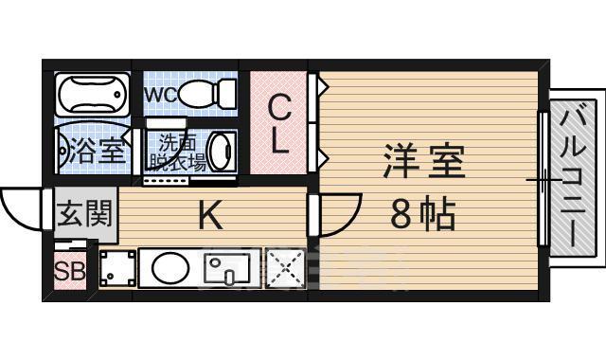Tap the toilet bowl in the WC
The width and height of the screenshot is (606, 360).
[203, 94]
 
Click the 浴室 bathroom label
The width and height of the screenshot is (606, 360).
[92, 151]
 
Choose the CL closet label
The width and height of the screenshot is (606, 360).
[279, 123]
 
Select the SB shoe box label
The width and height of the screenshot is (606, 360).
[68, 272]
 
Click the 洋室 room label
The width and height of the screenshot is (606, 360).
[423, 162]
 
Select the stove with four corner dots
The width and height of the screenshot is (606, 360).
[118, 268]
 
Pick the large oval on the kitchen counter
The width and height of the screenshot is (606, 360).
[170, 268]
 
